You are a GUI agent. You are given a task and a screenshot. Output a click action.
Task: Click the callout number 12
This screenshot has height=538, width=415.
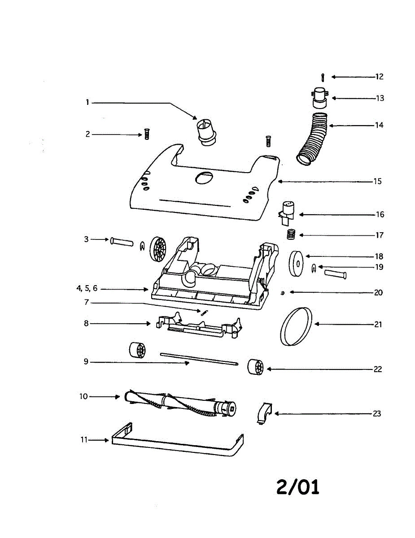[x=379, y=77]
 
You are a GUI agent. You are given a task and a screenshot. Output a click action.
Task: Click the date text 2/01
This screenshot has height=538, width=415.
[x=298, y=487]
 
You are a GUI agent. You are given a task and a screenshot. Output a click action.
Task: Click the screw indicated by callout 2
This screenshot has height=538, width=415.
[x=146, y=134]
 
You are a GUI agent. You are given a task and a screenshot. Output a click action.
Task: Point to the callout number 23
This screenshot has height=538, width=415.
[x=377, y=413]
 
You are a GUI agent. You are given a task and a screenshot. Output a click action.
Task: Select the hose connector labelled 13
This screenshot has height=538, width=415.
[x=319, y=99]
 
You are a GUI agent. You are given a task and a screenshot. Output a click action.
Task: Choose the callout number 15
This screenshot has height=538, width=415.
[x=377, y=182]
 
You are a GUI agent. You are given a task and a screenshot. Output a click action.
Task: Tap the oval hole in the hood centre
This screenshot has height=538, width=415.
[x=203, y=178]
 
